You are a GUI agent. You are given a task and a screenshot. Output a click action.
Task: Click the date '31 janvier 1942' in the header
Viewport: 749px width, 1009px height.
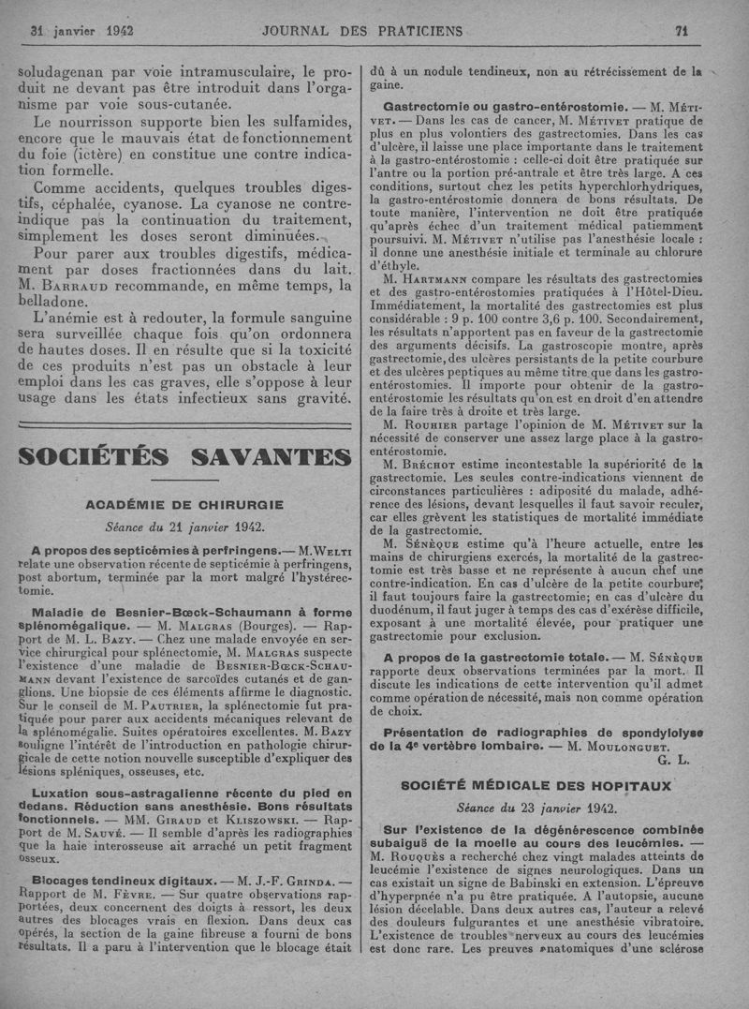pos(81,30)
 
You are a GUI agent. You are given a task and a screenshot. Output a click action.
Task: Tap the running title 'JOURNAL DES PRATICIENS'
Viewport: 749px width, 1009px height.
pos(362,30)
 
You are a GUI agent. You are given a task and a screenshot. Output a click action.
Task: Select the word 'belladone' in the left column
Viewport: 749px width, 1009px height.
pos(58,303)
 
